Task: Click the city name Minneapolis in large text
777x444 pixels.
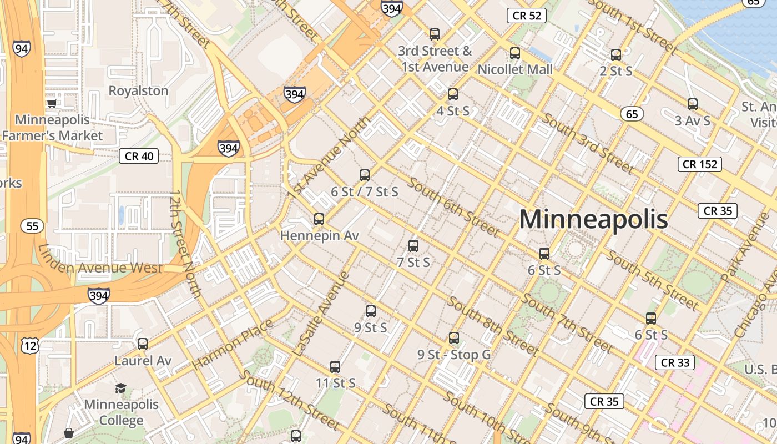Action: point(593,219)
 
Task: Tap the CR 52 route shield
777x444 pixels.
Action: point(527,16)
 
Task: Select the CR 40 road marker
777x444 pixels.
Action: point(139,156)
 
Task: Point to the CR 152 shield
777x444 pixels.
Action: point(700,164)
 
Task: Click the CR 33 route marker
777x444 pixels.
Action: point(675,362)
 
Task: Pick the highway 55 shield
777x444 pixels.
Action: point(32,226)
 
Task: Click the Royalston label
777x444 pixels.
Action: point(138,90)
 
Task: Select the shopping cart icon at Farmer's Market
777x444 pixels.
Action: point(52,103)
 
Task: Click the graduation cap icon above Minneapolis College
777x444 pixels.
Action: point(120,387)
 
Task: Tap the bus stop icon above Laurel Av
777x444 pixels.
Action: point(143,344)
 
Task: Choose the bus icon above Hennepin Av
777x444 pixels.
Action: point(319,219)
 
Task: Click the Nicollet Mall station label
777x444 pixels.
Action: point(515,69)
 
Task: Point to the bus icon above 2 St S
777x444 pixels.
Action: point(616,55)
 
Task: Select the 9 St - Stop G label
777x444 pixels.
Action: point(454,354)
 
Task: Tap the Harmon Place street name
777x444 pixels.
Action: point(233,345)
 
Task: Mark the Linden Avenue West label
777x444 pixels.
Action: point(100,267)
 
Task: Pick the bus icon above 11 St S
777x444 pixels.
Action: point(335,367)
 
